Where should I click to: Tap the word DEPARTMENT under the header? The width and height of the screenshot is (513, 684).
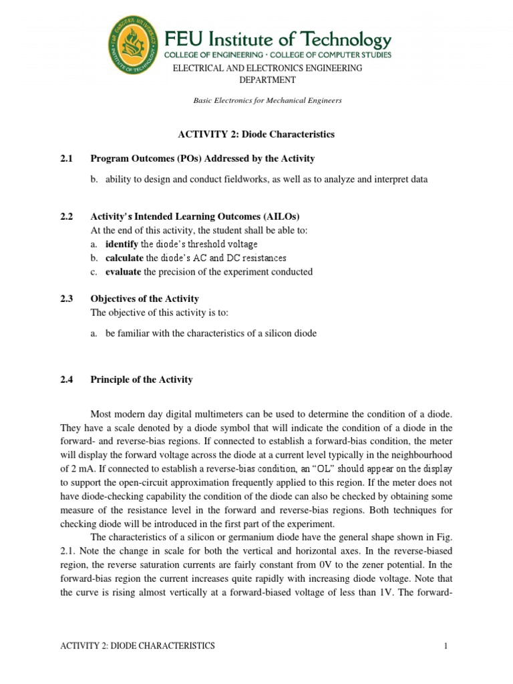pos(267,79)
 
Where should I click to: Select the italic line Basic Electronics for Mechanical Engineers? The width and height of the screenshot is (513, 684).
pos(267,100)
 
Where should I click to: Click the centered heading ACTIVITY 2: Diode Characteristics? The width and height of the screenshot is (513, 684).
pos(256,134)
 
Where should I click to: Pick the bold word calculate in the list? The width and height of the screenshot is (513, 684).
pos(124,258)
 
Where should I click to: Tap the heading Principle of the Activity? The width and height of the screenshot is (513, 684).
pos(142,379)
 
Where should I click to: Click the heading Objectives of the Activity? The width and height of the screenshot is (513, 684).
pos(144,299)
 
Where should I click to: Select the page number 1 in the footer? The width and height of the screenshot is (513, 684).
pos(444,646)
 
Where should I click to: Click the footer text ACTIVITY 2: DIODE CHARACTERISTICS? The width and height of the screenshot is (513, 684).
pos(138,646)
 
